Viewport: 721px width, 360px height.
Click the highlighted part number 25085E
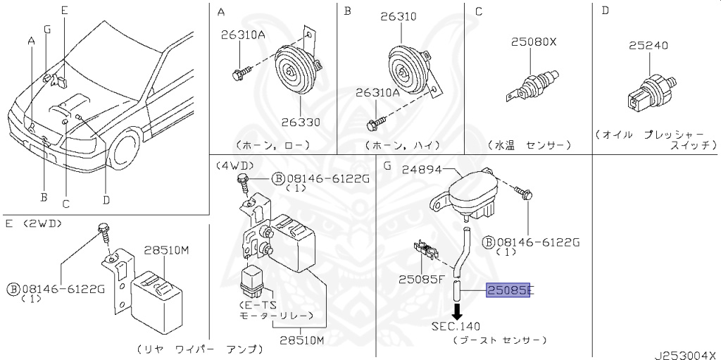[x=508, y=290]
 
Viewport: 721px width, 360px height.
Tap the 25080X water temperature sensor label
[x=534, y=42]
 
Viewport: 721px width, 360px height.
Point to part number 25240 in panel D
[x=648, y=45]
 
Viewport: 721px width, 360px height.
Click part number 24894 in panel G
[x=422, y=170]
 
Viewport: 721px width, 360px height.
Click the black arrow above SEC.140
[x=457, y=311]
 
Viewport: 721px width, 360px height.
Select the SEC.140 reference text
[x=456, y=326]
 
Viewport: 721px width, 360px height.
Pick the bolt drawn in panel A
[x=242, y=73]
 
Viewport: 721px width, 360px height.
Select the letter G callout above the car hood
[x=47, y=30]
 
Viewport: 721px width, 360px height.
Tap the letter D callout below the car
[x=106, y=199]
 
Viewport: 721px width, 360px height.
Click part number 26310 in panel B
[x=399, y=17]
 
